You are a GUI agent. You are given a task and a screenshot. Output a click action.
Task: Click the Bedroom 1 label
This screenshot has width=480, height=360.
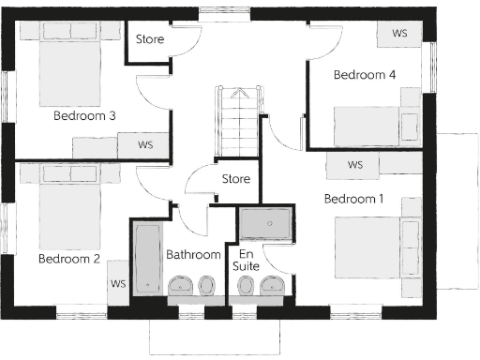point(353,199)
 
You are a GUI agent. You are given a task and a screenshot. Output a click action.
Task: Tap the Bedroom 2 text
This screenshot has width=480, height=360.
point(68,259)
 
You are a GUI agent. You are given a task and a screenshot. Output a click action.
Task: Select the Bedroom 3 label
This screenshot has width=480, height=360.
point(83,116)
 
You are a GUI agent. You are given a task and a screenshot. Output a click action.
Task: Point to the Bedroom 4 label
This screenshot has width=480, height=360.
point(365,75)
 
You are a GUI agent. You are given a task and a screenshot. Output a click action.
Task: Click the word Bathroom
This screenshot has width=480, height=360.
point(193,254)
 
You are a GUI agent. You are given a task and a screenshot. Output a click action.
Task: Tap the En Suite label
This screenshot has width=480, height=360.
point(246,261)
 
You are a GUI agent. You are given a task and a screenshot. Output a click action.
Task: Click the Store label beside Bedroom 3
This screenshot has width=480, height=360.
point(150,39)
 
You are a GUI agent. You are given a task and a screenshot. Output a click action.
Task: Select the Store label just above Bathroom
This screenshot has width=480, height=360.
point(235,178)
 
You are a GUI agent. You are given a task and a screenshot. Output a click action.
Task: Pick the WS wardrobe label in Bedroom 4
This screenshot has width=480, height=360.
point(399,33)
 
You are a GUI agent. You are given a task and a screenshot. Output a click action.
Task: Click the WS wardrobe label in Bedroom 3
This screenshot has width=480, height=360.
point(145,145)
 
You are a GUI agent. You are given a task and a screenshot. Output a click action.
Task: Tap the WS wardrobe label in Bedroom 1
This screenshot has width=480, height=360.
point(354,165)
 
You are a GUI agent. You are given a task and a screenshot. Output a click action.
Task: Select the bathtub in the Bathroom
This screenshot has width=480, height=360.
point(147,258)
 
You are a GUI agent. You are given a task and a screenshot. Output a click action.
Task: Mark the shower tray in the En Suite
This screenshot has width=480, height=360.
point(266,225)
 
